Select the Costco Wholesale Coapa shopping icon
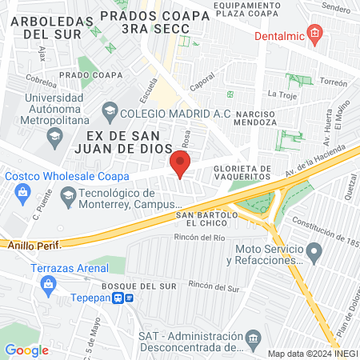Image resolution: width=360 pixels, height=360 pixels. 22,192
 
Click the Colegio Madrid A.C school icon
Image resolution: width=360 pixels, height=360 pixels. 110,113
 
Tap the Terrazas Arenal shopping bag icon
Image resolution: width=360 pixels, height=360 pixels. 50,282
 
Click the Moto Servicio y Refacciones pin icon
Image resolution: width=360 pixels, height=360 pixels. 314,254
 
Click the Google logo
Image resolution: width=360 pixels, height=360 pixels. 26,350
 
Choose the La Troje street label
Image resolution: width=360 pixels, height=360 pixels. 282,94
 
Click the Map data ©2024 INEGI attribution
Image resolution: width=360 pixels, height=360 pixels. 311,353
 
